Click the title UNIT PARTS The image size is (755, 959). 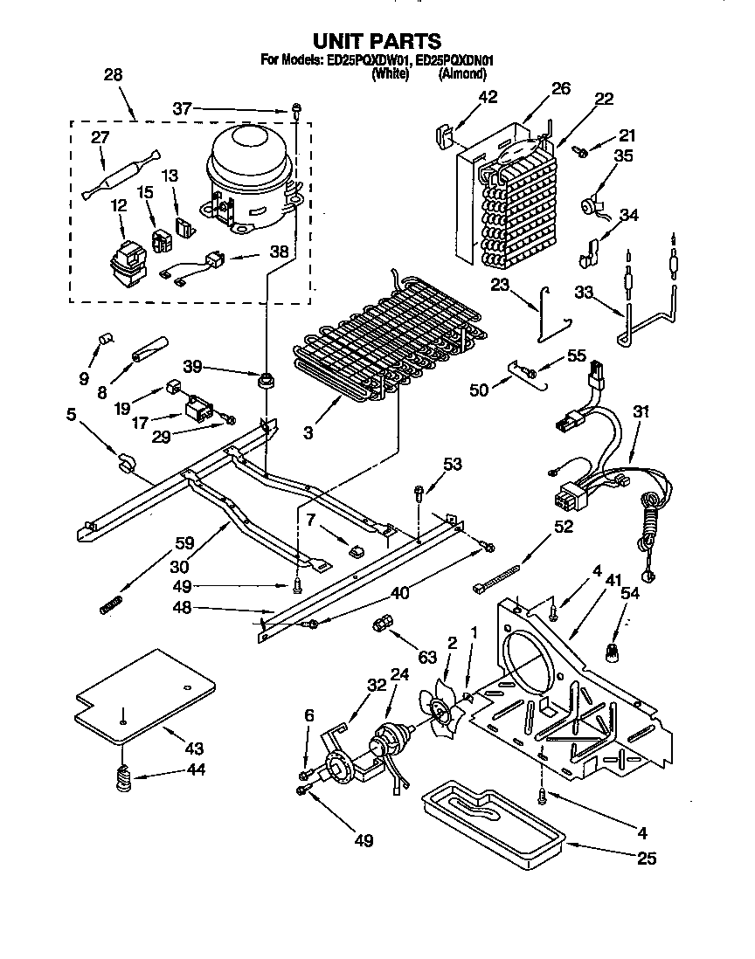[377, 40]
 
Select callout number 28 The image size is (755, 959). [113, 75]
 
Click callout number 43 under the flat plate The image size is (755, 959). [194, 749]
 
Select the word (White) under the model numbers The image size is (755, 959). [390, 74]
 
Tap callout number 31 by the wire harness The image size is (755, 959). [641, 412]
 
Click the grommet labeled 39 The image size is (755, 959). [262, 382]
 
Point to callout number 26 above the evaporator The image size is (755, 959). [560, 87]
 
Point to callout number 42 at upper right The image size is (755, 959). [487, 97]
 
